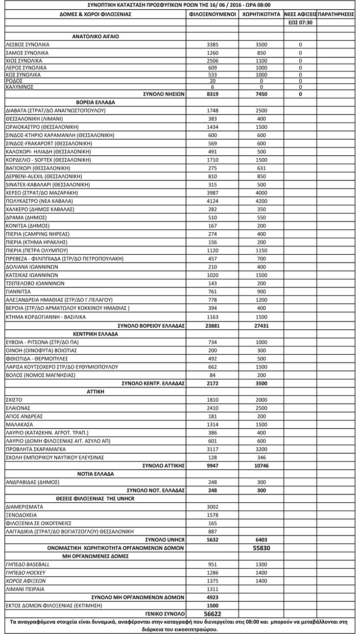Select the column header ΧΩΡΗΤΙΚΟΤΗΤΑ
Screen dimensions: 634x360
[x=261, y=14]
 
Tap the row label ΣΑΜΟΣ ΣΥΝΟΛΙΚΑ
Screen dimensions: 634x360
[x=27, y=53]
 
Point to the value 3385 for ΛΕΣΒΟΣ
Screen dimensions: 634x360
[x=212, y=45]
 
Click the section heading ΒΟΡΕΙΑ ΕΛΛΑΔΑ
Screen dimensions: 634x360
[x=96, y=102]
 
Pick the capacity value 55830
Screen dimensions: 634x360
[x=261, y=548]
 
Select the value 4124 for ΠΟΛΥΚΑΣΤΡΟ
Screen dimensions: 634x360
[x=212, y=201]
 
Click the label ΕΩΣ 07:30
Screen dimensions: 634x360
[x=300, y=23]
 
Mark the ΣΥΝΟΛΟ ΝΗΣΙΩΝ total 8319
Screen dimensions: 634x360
[x=212, y=94]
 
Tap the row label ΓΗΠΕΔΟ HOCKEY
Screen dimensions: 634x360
[x=25, y=572]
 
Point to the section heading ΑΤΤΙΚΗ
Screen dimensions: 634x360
[x=96, y=391]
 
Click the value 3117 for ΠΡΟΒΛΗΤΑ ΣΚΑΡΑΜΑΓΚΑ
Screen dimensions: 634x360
[x=212, y=449]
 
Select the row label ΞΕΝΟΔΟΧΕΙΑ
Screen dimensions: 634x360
[x=21, y=515]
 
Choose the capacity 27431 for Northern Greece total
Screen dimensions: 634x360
[x=261, y=325]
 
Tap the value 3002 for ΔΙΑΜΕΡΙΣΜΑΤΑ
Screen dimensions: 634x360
[x=212, y=507]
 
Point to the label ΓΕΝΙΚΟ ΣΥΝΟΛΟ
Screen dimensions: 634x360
[x=164, y=614]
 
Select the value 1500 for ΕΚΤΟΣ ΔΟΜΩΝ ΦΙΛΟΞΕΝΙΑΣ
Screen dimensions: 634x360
[x=212, y=606]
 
